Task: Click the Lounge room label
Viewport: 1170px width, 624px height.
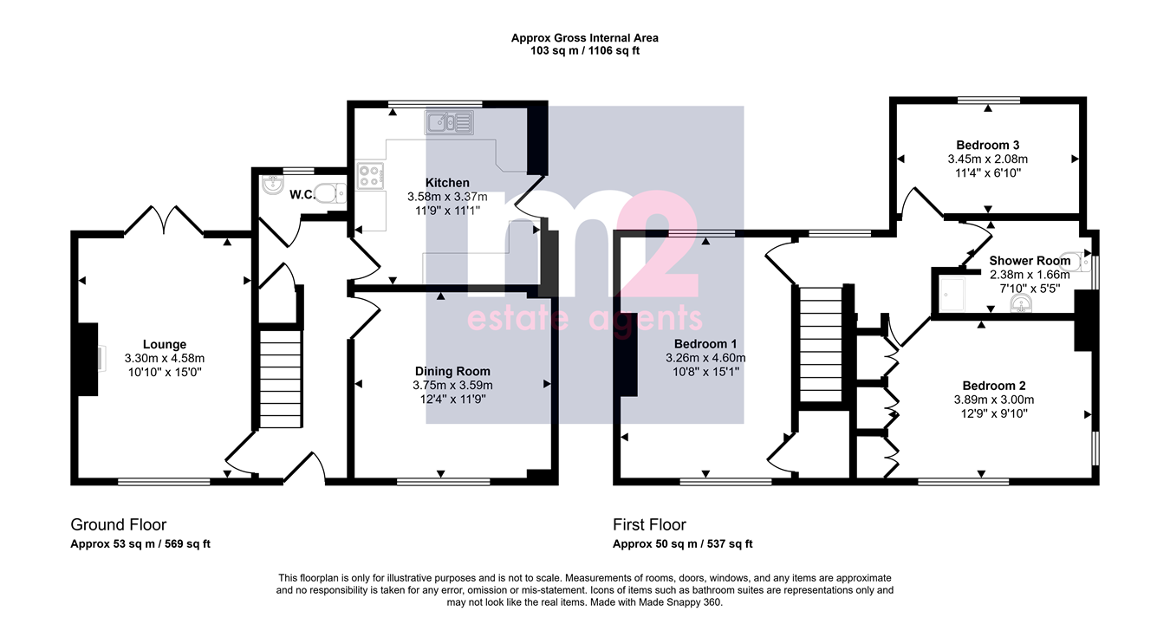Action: tap(165, 345)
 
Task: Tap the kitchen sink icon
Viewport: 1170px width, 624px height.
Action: tap(449, 123)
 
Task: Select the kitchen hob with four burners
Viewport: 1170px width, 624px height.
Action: tap(370, 175)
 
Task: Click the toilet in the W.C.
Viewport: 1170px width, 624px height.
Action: tap(332, 193)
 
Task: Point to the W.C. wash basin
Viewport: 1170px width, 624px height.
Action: tap(273, 185)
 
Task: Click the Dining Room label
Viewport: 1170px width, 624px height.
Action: tap(453, 371)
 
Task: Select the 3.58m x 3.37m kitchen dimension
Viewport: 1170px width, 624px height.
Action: tap(447, 197)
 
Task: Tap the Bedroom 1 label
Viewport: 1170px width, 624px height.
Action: tap(705, 344)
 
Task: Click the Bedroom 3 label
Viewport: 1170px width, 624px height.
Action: tap(988, 145)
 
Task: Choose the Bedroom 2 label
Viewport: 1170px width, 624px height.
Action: tap(994, 386)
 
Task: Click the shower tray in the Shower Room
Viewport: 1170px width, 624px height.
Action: tap(953, 294)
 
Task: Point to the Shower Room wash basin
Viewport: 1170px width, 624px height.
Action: tap(1021, 303)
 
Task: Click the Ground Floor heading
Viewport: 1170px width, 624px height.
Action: tap(119, 524)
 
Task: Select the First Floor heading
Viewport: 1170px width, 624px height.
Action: tap(649, 524)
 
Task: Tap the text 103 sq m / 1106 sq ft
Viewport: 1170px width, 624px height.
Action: tap(585, 50)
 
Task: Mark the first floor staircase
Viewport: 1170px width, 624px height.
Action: tap(822, 344)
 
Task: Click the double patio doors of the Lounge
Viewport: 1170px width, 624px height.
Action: tap(164, 221)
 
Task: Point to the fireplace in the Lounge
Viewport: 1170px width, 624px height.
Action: tap(88, 360)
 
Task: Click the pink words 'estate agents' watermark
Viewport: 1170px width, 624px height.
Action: tap(584, 320)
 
